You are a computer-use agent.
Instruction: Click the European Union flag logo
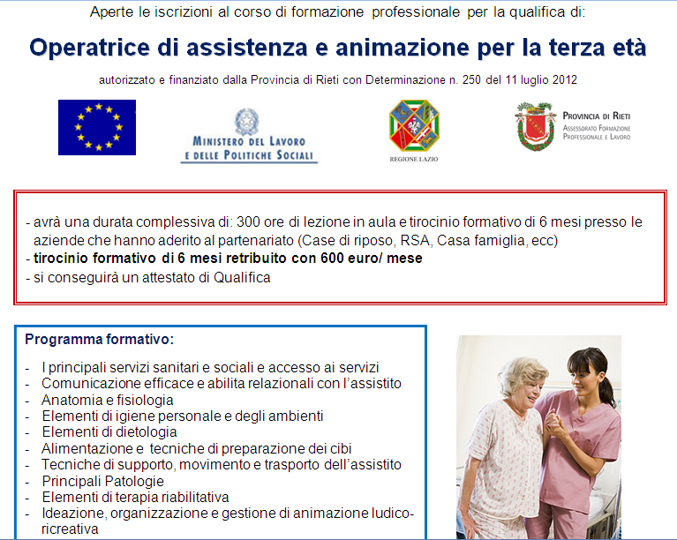coord(97,127)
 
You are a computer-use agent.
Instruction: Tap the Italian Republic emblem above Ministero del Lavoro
coord(247,121)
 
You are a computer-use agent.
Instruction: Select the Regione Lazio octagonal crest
coord(414,125)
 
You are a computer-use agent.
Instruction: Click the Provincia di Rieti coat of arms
coord(535,126)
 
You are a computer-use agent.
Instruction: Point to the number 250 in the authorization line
coord(471,80)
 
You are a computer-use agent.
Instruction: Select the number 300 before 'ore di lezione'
coord(248,221)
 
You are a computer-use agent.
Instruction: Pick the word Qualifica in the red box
coord(242,278)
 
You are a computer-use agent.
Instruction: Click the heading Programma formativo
coord(100,340)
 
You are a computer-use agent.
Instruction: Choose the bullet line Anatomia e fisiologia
coord(108,400)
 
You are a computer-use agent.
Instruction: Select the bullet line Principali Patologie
coord(102,481)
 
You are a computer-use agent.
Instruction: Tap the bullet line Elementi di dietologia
coord(109,432)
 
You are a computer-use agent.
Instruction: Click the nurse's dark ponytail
coord(606,391)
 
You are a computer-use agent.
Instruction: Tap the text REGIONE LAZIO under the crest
coord(414,160)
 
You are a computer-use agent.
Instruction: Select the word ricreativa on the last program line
coord(70,529)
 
